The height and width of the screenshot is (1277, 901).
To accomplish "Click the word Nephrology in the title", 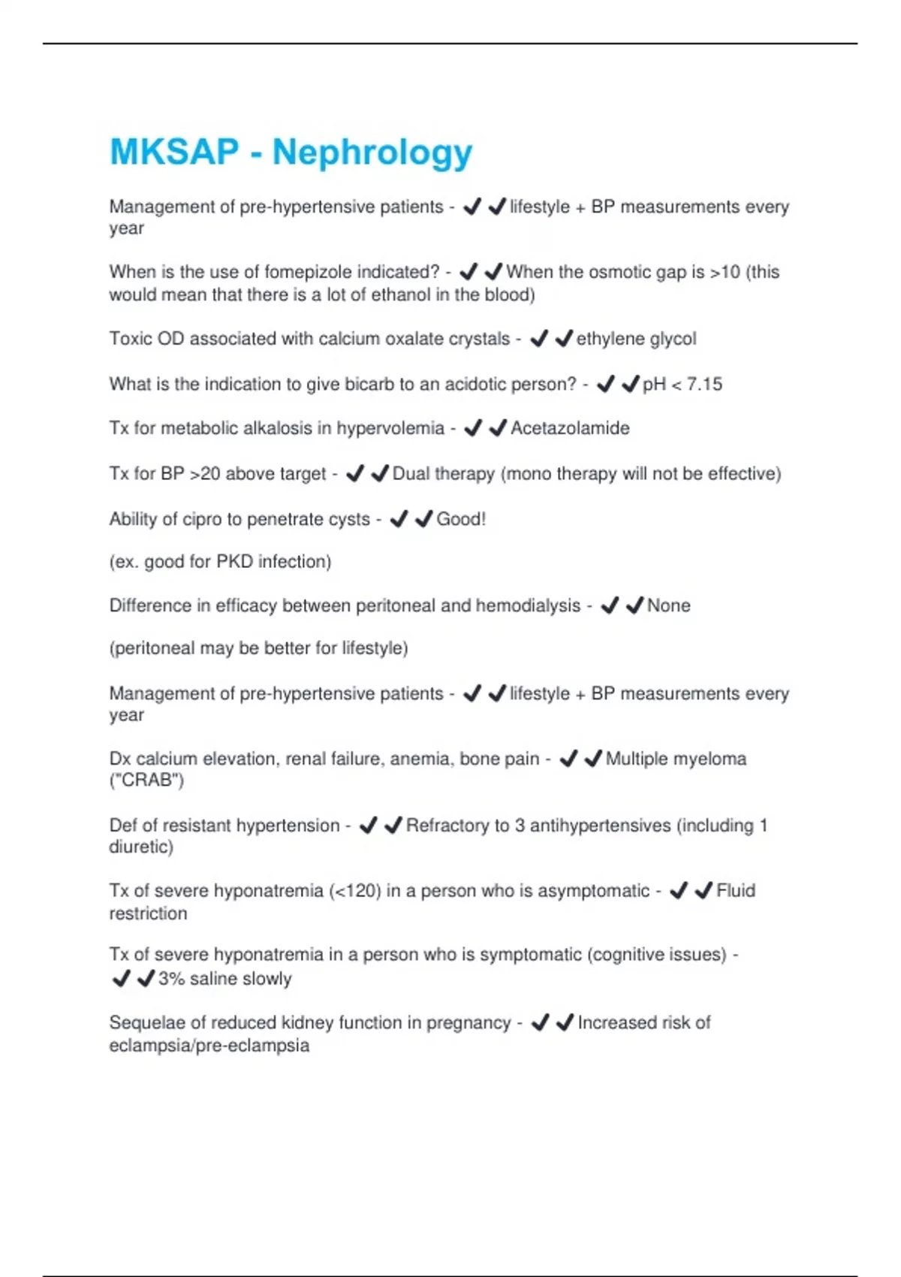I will click(372, 152).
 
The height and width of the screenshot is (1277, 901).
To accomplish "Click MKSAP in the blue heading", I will click(174, 152).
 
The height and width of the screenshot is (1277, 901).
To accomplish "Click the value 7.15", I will click(704, 384).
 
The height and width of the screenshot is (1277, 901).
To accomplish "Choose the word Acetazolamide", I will click(570, 428).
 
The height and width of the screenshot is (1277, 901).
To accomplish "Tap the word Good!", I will click(461, 519).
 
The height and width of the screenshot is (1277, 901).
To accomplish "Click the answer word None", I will click(668, 605).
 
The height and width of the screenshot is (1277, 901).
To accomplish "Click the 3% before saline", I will click(171, 979).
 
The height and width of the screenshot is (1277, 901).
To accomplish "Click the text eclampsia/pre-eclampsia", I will click(209, 1046).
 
